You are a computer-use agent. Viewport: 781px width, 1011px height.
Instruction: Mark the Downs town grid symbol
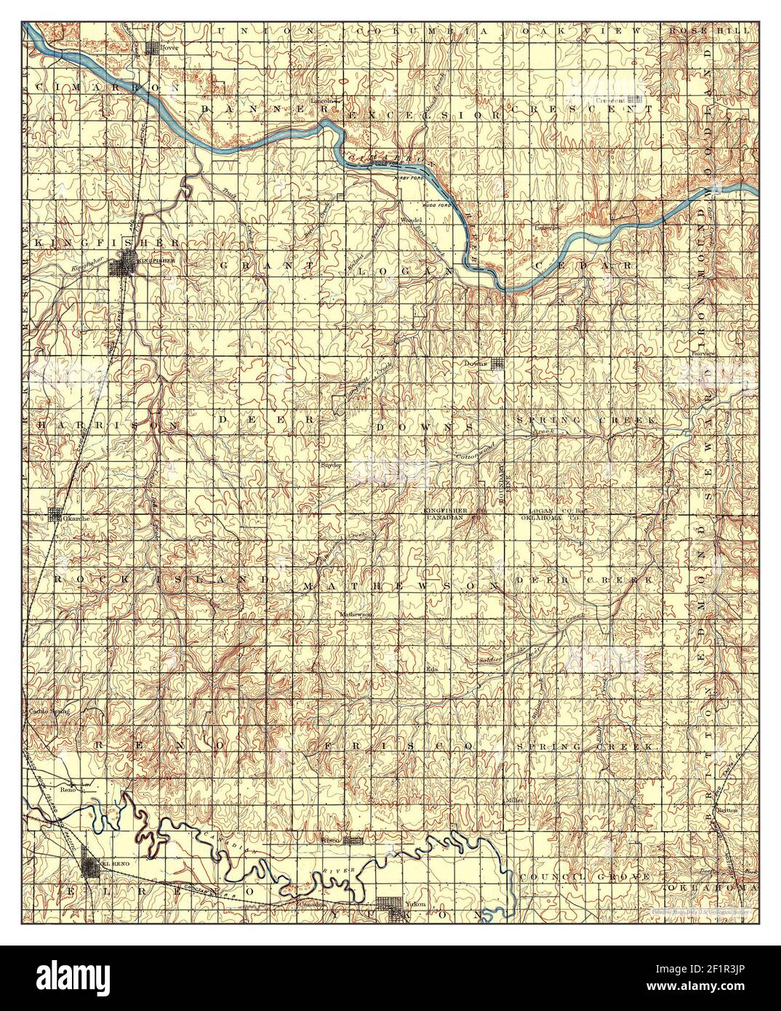[x=498, y=364]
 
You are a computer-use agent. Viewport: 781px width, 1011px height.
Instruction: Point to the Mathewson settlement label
[x=357, y=614]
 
